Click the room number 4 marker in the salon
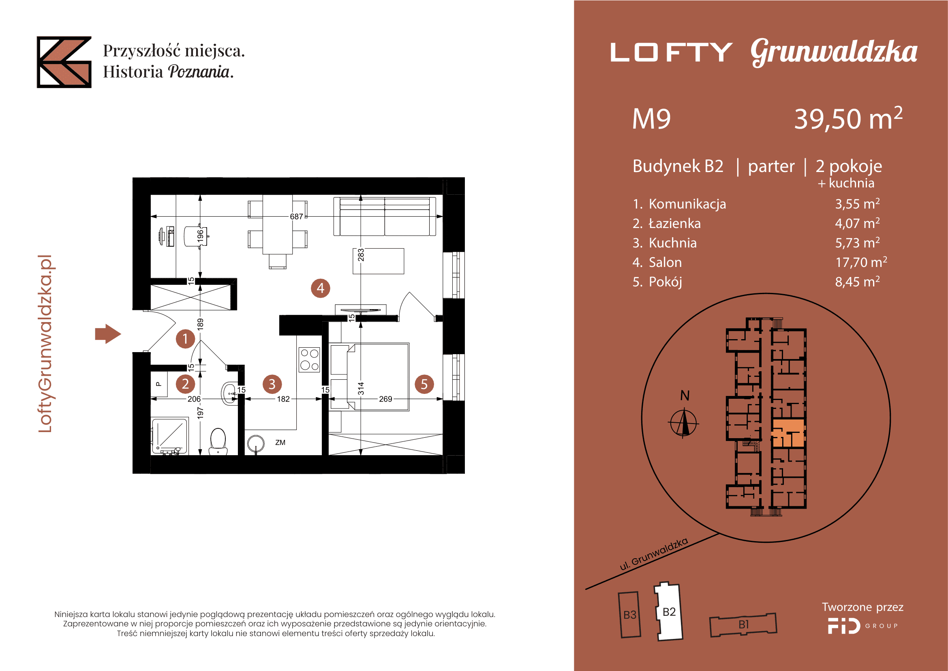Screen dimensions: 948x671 [x=321, y=288]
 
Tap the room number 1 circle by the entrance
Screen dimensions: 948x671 [x=185, y=339]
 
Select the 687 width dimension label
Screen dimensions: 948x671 [x=296, y=217]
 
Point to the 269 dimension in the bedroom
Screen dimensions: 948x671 [x=385, y=399]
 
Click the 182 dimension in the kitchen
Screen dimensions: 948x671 [x=283, y=399]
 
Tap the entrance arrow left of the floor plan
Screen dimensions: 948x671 [x=108, y=334]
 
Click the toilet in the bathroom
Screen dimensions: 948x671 [x=218, y=441]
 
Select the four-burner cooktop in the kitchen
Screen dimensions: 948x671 [x=309, y=359]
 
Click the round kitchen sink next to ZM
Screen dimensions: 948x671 [x=256, y=443]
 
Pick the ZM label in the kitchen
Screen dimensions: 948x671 [x=280, y=443]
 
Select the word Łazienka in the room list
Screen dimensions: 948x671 [x=675, y=224]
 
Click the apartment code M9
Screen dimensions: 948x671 [x=652, y=119]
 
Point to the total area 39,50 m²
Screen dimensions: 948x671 [x=848, y=118]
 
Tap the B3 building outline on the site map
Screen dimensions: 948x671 [x=630, y=615]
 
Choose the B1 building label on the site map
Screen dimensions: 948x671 [x=744, y=624]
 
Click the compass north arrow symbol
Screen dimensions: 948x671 [x=684, y=423]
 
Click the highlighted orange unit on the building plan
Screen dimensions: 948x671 [x=788, y=433]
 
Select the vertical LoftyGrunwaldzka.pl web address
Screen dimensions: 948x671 [x=45, y=344]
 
